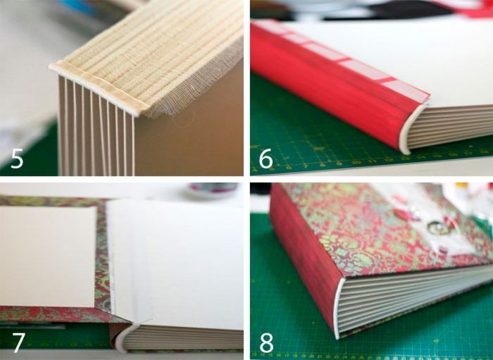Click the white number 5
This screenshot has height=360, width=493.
17,159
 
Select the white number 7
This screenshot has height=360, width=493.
18,342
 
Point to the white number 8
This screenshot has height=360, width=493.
267,342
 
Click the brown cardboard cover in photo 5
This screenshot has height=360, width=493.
189,138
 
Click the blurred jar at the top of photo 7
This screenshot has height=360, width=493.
213,190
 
